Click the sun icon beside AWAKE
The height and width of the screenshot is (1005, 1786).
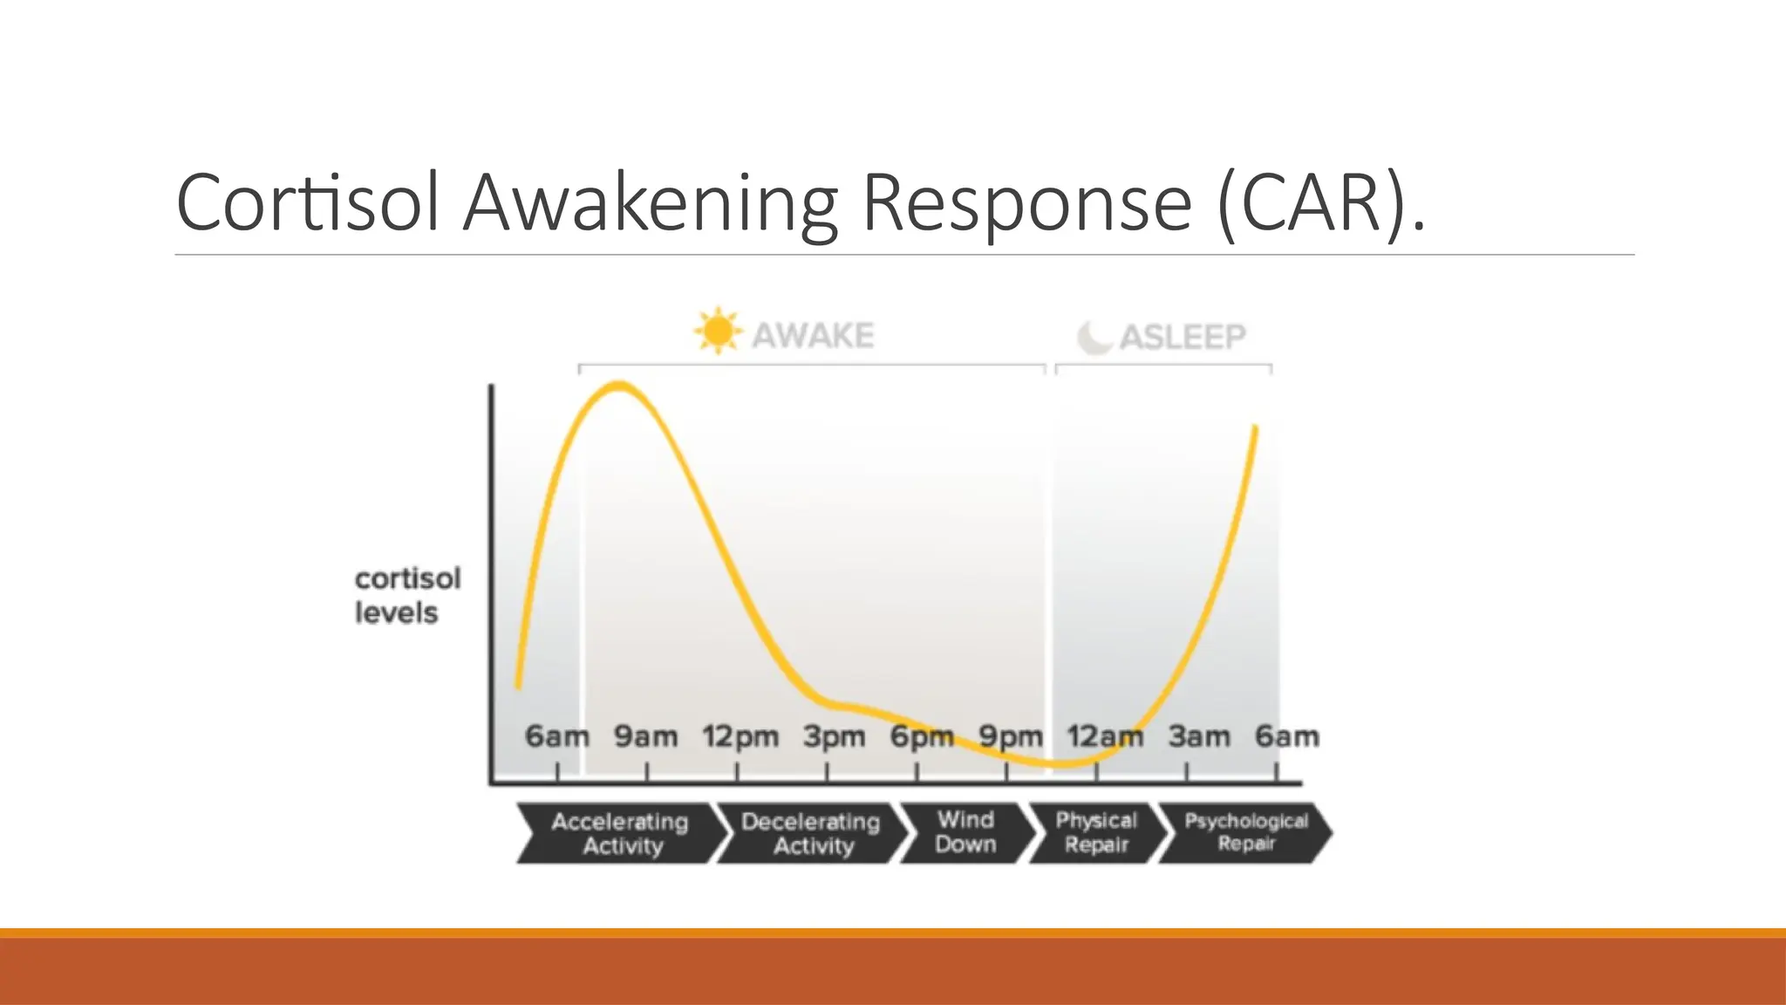pos(718,332)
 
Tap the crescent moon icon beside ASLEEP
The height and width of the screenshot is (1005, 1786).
pos(1094,337)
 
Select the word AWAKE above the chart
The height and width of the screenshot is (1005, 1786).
pos(813,336)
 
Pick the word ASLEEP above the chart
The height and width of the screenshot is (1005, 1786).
pos(1183,337)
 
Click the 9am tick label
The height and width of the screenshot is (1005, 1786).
pos(645,737)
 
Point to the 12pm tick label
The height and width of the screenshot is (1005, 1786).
pos(740,737)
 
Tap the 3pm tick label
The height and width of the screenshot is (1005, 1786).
pos(834,737)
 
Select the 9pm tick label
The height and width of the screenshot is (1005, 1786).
pos(1011,737)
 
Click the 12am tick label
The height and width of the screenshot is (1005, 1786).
pos(1105,737)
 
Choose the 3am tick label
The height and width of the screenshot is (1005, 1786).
pos(1199,737)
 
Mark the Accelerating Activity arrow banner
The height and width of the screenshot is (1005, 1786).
pos(621,834)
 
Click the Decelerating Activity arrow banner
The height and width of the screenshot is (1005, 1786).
pos(811,834)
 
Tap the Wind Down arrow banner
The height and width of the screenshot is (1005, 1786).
pos(965,832)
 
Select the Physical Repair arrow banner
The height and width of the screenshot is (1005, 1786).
pos(1096,833)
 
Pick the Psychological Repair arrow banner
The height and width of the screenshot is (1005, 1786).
pos(1245,833)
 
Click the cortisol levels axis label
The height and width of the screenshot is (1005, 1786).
pos(407,596)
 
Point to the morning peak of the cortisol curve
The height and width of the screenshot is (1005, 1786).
pos(619,386)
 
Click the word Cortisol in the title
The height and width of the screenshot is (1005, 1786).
pos(307,203)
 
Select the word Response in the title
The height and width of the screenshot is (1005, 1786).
pos(1026,203)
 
